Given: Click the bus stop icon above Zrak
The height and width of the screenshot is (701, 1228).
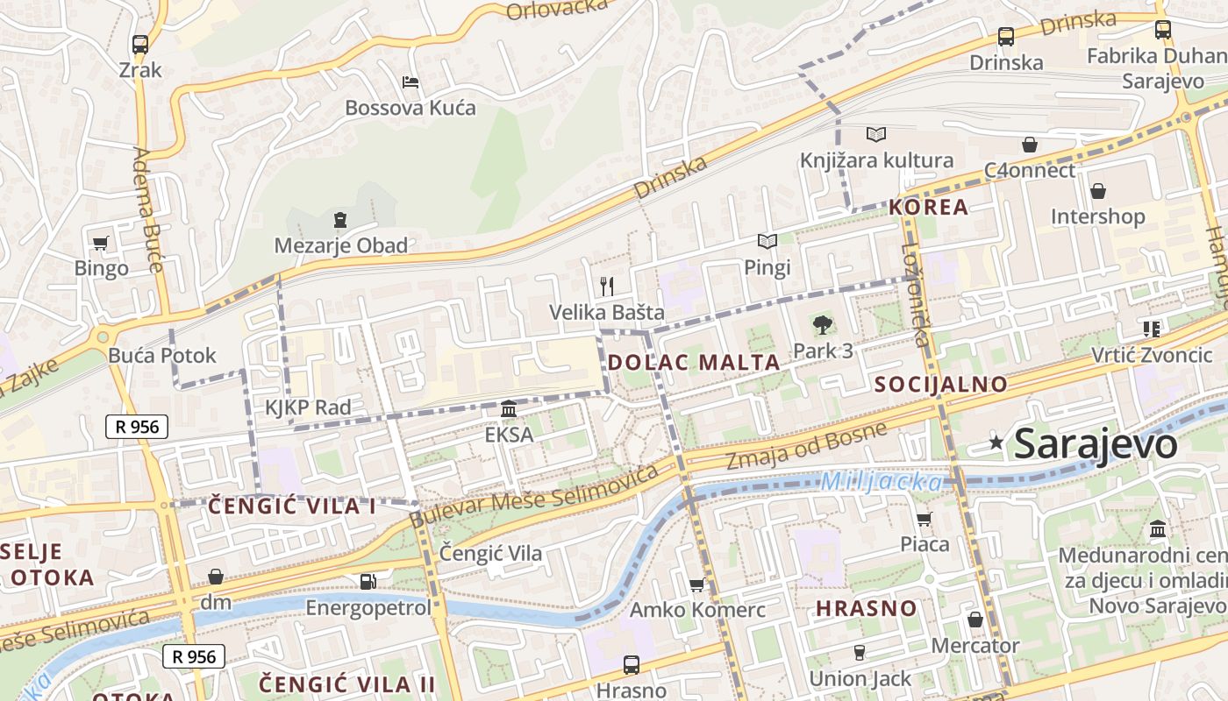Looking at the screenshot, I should tap(139, 44).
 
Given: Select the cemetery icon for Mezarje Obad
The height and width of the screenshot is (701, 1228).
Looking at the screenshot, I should tap(340, 220).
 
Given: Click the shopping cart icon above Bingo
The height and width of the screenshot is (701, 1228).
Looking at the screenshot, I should tap(101, 243).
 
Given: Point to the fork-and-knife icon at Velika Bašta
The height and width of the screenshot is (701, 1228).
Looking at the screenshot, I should tap(606, 286).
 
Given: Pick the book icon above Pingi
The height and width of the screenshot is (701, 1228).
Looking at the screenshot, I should tap(767, 241).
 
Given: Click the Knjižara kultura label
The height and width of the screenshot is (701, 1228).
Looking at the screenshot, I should tap(876, 160).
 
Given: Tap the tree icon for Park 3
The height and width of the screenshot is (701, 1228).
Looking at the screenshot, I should tap(822, 325).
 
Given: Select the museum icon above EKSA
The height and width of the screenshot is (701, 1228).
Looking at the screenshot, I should tap(508, 409).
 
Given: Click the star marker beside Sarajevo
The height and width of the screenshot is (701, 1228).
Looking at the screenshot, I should tap(996, 443).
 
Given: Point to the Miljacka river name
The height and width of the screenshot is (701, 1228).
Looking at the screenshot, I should tap(881, 481).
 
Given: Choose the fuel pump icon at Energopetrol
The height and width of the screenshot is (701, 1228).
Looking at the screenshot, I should tap(368, 581).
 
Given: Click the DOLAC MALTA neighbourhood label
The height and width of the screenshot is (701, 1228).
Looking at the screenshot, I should tap(693, 362).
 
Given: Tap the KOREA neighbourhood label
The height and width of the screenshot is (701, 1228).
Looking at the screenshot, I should tap(928, 207).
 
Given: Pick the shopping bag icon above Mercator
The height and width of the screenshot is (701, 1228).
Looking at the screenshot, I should tap(975, 620).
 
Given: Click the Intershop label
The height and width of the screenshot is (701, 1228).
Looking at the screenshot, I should tap(1097, 216).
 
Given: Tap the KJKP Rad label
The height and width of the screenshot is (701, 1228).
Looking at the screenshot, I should tap(308, 407).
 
